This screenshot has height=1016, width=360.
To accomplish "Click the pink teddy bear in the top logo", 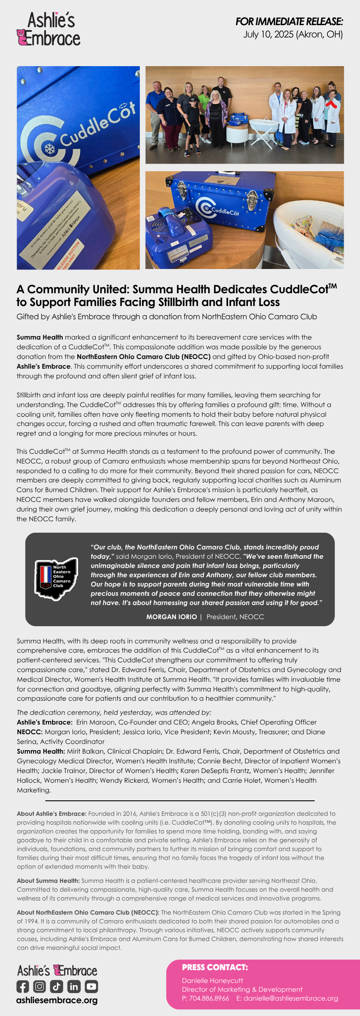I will click(22, 37).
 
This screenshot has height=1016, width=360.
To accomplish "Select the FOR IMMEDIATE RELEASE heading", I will click(289, 21).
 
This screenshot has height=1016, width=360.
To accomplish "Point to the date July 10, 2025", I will click(268, 34).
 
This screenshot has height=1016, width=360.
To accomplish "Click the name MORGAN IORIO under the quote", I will click(172, 616).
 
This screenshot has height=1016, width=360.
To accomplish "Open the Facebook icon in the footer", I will click(23, 986).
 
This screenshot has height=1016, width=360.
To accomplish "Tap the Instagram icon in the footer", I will click(40, 986).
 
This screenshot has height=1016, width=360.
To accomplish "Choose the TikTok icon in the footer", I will click(56, 986).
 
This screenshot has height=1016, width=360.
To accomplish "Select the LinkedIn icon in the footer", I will click(74, 986).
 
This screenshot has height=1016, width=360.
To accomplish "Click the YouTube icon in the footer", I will click(91, 986).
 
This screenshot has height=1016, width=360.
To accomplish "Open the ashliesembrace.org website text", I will click(57, 1000).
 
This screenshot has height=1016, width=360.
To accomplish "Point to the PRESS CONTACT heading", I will click(215, 967).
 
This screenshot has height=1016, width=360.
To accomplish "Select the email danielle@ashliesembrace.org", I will click(291, 998).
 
